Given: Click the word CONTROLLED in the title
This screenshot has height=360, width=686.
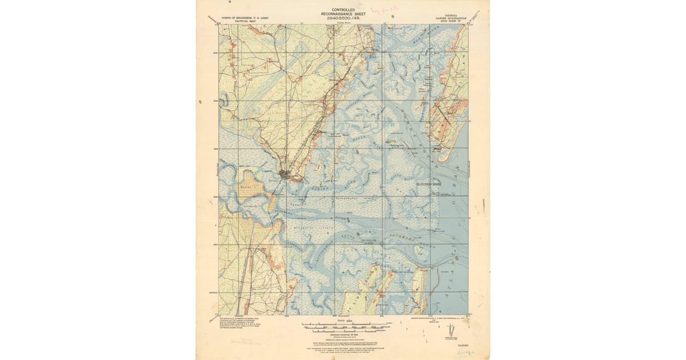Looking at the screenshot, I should point(342,10).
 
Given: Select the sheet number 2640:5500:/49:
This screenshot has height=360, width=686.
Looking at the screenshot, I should point(342,19).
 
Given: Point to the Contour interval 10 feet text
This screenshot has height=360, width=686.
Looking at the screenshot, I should point(342,335).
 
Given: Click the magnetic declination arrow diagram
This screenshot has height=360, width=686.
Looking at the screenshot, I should point(452,330).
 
